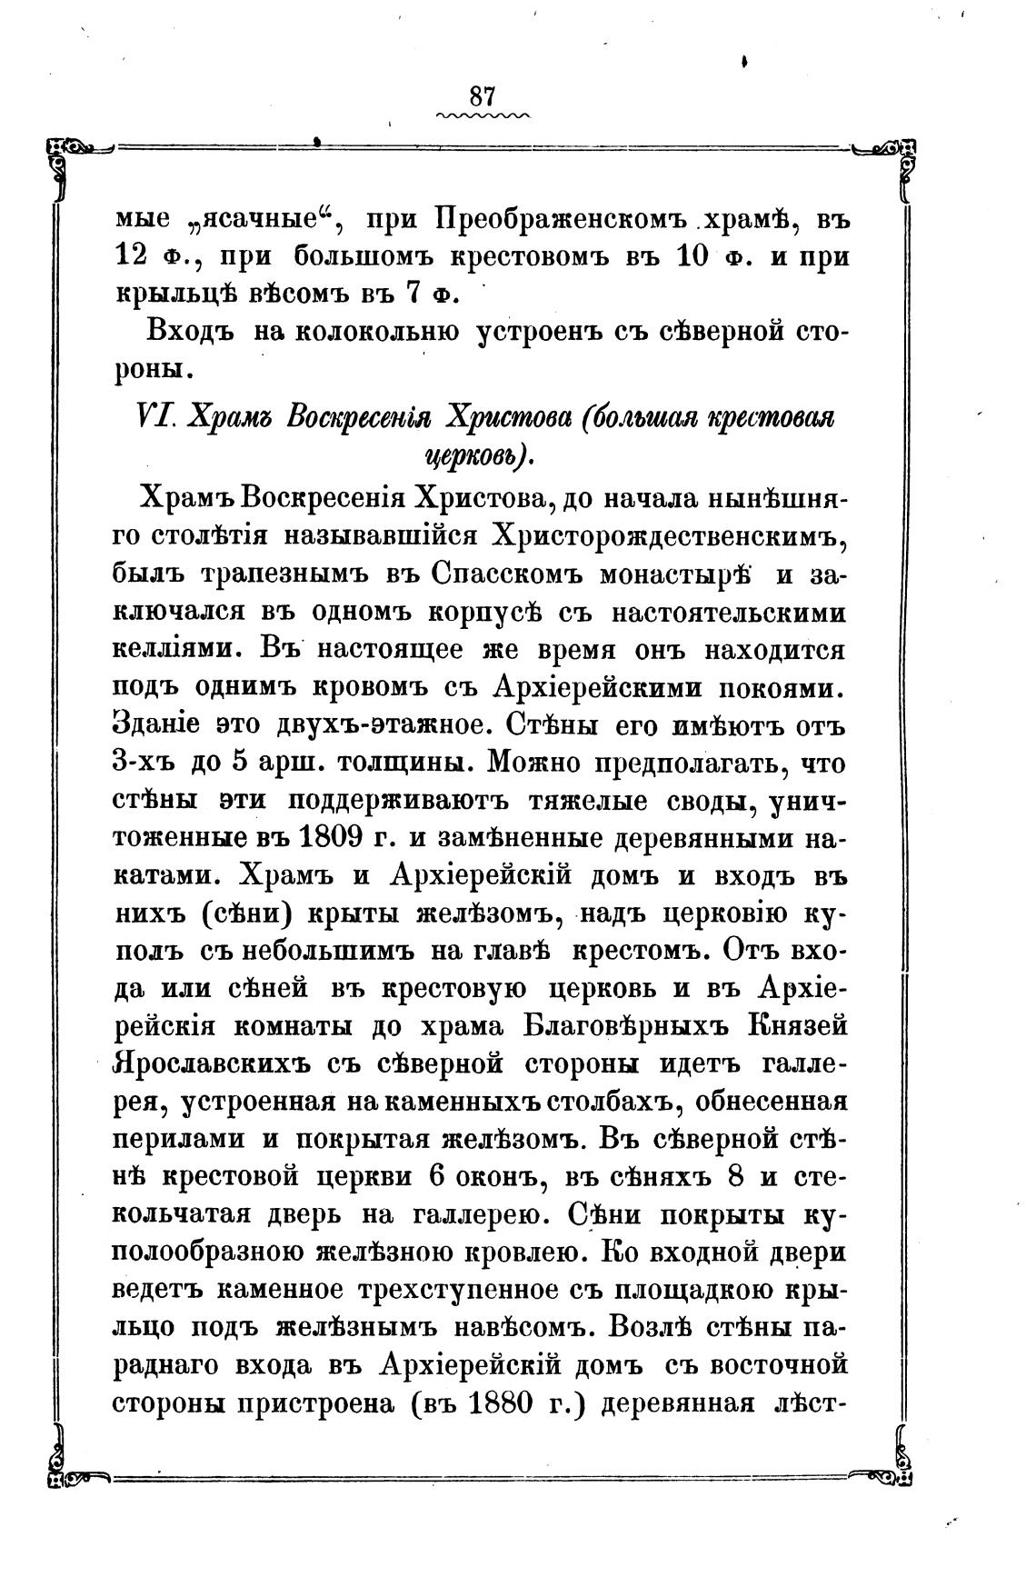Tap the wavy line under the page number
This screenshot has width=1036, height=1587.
click(x=482, y=116)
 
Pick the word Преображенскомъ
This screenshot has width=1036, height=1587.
click(x=558, y=220)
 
